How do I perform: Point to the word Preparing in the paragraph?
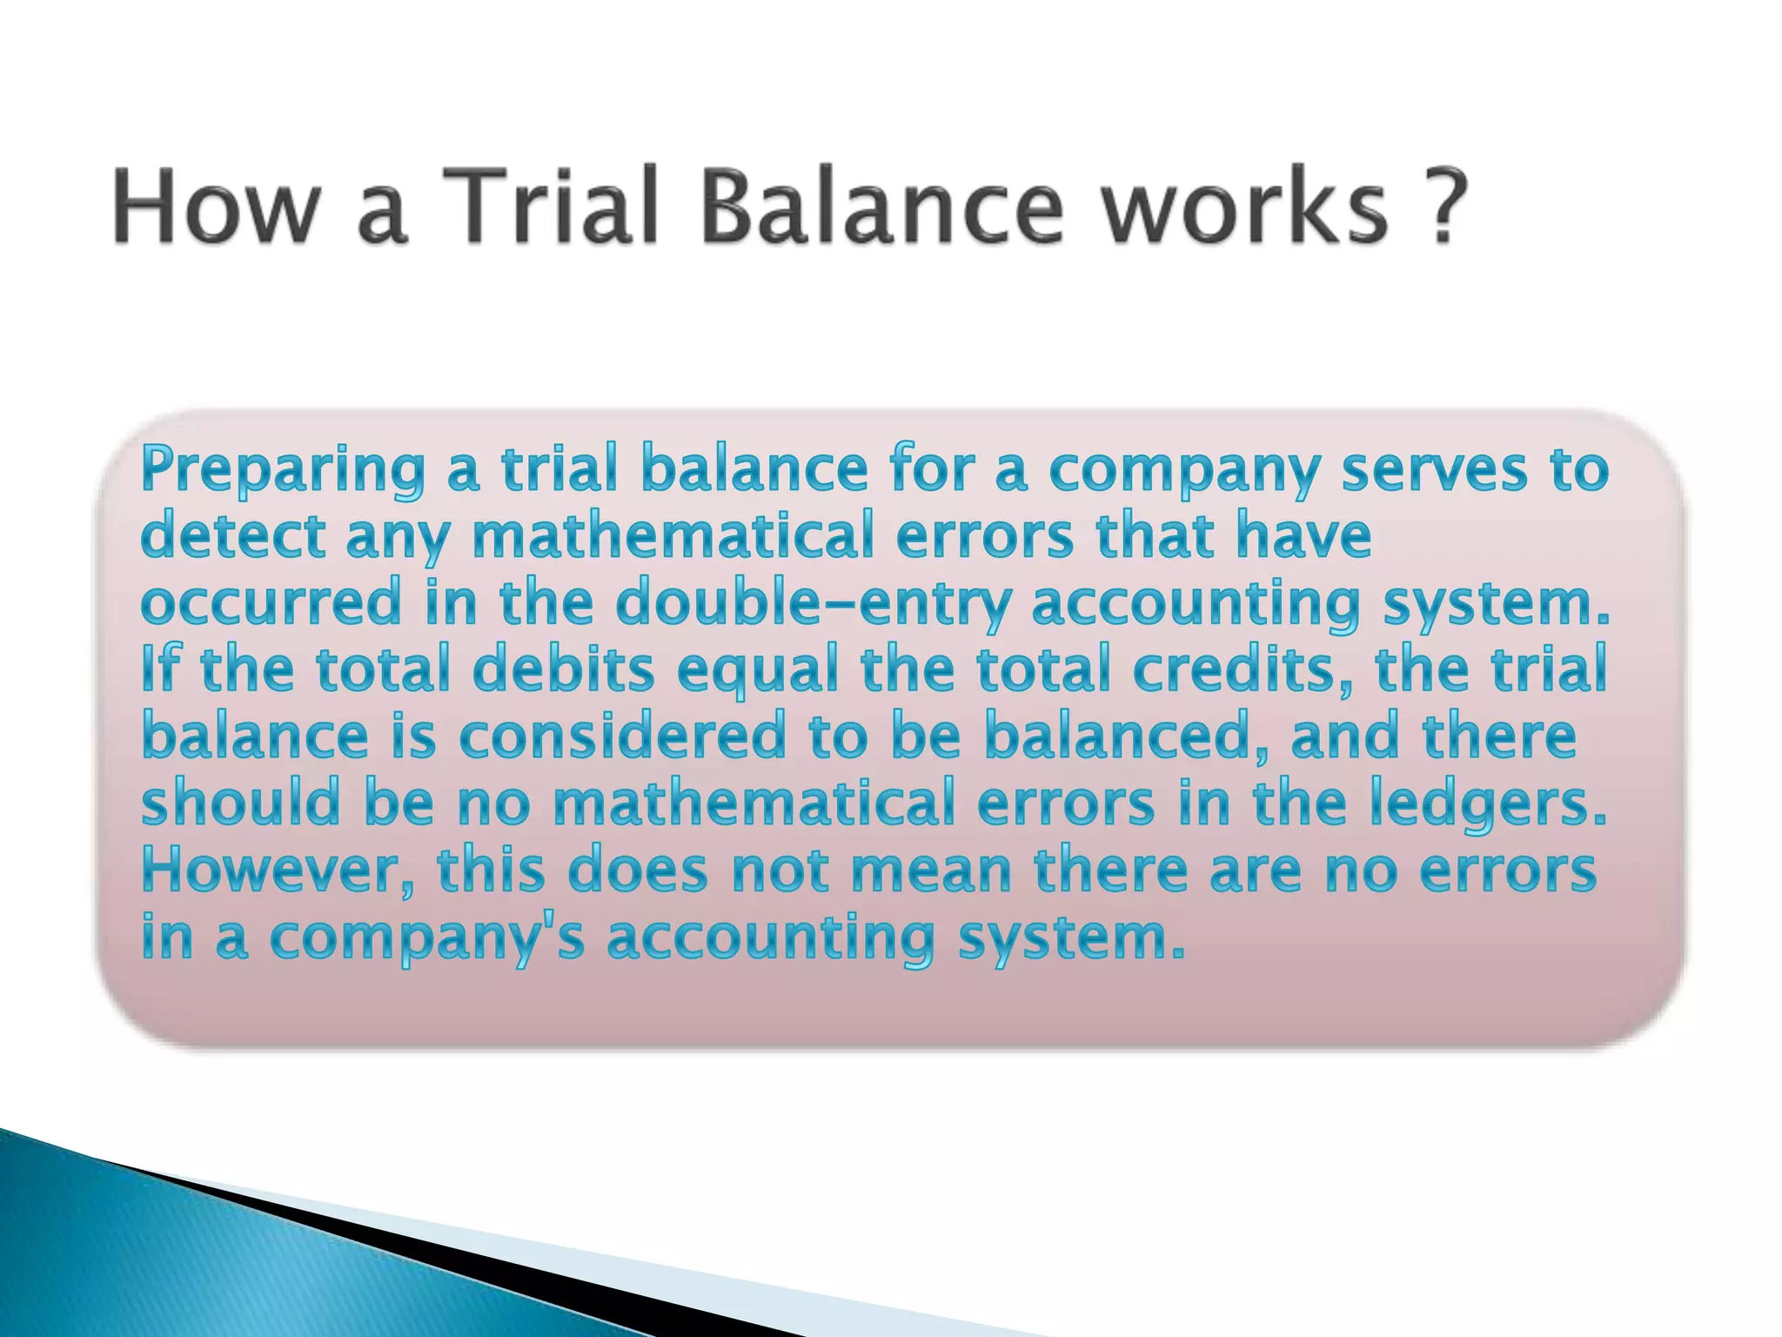(283, 471)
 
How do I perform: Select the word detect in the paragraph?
(232, 536)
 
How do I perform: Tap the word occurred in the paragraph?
(271, 603)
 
